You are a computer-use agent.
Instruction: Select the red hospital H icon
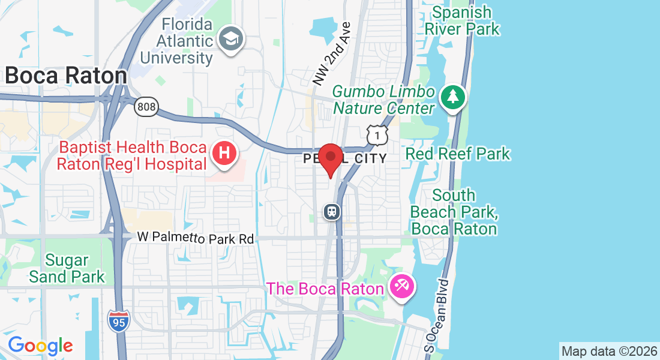point(224,153)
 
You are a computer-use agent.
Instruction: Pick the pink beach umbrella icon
point(400,287)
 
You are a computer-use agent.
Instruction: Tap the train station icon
point(332,211)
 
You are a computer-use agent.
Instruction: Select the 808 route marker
point(146,107)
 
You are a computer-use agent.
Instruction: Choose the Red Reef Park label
point(458,154)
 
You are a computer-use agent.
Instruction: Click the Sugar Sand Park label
point(67,268)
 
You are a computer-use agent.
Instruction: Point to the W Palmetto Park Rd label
point(196,238)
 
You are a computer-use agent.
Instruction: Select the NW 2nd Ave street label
point(331,53)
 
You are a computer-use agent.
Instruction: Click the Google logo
point(40,345)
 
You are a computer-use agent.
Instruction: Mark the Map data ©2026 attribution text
point(608,351)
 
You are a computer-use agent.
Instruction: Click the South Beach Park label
point(454,212)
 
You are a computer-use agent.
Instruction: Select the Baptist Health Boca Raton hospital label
point(132,155)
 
